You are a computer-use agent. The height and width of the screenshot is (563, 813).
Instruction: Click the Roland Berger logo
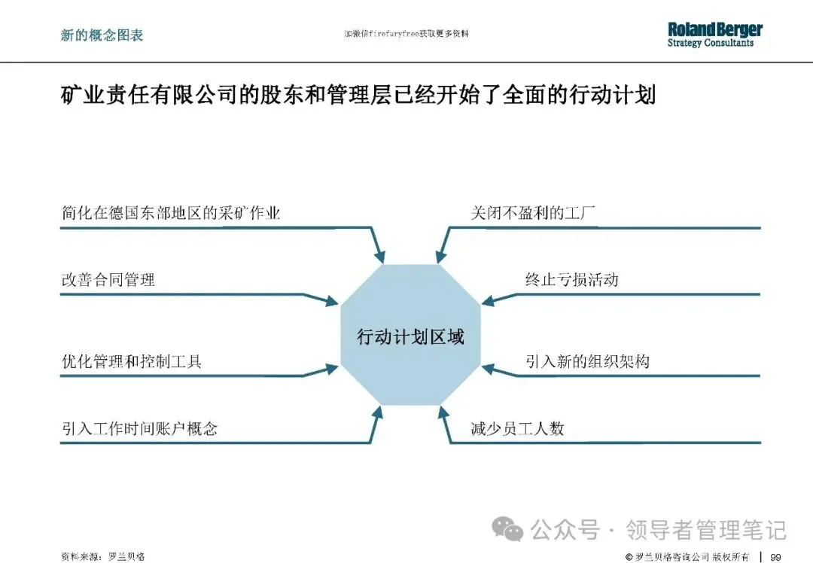[x=714, y=34]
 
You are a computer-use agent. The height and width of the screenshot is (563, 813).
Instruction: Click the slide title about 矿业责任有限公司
[x=358, y=96]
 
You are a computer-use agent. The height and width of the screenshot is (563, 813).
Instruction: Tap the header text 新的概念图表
[x=102, y=35]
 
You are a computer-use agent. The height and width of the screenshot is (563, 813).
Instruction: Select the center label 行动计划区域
[x=410, y=337]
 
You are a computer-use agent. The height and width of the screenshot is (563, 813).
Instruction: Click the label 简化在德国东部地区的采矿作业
[x=171, y=213]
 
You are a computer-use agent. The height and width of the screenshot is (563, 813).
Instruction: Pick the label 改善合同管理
[x=108, y=280]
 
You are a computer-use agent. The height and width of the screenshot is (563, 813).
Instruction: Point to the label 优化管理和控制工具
[x=132, y=361]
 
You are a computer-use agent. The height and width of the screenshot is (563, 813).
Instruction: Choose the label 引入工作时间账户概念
[x=139, y=429]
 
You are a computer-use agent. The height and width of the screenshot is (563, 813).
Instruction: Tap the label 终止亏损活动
[x=571, y=280]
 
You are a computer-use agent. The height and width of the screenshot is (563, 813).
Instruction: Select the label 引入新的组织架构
[x=587, y=361]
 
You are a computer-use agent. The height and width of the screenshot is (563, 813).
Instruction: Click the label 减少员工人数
[x=517, y=429]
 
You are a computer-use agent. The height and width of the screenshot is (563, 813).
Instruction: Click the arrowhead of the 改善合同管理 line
[x=331, y=302]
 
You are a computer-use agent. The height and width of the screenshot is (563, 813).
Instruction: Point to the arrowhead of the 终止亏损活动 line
[x=488, y=302]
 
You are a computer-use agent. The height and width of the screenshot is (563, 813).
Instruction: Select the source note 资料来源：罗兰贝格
[x=102, y=556]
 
